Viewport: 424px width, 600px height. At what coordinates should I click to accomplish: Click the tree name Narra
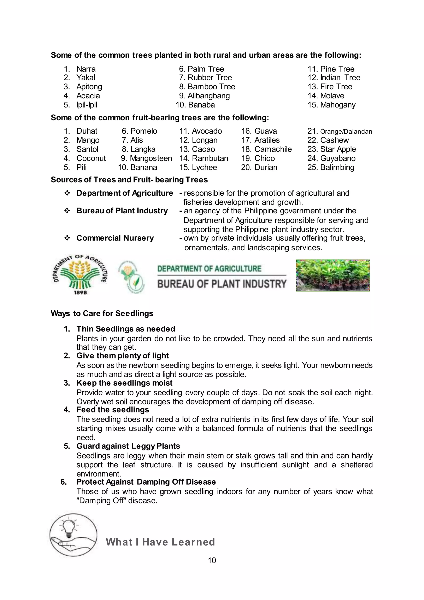pyautogui.click(x=86, y=69)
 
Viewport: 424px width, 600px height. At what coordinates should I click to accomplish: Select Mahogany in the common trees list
pyautogui.click(x=338, y=105)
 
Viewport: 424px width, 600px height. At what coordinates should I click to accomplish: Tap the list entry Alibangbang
pyautogui.click(x=209, y=96)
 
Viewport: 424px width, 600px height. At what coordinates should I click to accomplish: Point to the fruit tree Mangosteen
pyautogui.click(x=151, y=158)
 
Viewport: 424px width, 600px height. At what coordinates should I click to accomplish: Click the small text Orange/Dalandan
pyautogui.click(x=346, y=131)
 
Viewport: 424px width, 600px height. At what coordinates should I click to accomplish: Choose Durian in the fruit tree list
pyautogui.click(x=266, y=168)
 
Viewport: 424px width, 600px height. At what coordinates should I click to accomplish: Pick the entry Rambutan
pyautogui.click(x=210, y=158)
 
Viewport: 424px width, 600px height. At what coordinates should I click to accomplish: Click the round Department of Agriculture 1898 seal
pyautogui.click(x=80, y=275)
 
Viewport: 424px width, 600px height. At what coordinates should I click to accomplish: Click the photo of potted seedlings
pyautogui.click(x=333, y=275)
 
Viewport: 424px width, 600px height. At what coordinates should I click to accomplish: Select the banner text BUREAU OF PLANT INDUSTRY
pyautogui.click(x=222, y=284)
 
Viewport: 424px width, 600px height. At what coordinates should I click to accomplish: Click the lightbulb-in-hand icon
pyautogui.click(x=73, y=535)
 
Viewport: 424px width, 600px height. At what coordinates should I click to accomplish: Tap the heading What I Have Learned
pyautogui.click(x=160, y=542)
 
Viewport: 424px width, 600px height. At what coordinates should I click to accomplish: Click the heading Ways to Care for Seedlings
pyautogui.click(x=102, y=313)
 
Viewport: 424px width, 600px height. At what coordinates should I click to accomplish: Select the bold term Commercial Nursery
pyautogui.click(x=115, y=238)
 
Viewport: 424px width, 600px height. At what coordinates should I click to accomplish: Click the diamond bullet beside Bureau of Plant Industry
pyautogui.click(x=67, y=211)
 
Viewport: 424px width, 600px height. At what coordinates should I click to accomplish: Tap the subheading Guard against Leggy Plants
pyautogui.click(x=128, y=446)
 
